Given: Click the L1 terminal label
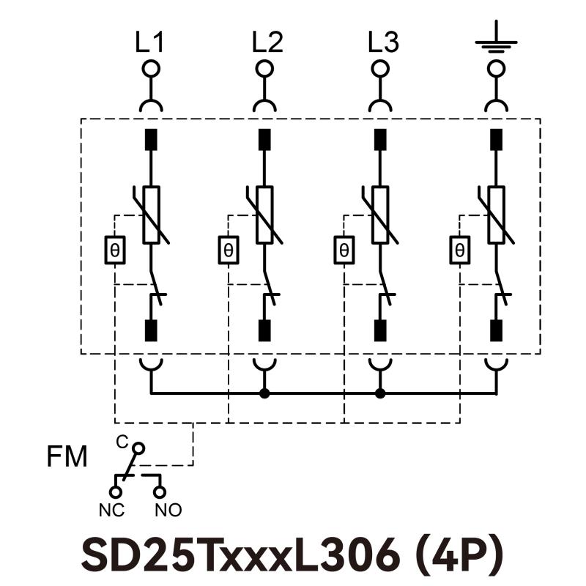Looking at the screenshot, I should coord(149,43).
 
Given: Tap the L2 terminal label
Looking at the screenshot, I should coord(267,43).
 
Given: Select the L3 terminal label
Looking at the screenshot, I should coord(383,43).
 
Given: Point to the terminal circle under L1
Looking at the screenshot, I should coord(151,69).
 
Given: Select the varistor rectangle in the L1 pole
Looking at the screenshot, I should coord(151,215).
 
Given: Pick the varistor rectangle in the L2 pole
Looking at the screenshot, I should coord(264,215).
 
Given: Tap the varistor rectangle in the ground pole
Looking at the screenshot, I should coord(497,215).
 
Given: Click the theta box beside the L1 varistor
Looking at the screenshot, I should coord(115,251).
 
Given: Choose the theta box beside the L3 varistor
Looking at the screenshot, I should coord(344,251).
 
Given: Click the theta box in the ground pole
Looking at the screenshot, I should coord(460,251).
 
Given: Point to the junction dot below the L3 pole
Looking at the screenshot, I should coord(379,393).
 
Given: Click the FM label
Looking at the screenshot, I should coord(67,458).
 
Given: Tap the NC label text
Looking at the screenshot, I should coord(111,509).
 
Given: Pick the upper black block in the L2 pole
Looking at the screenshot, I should coord(264,139).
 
